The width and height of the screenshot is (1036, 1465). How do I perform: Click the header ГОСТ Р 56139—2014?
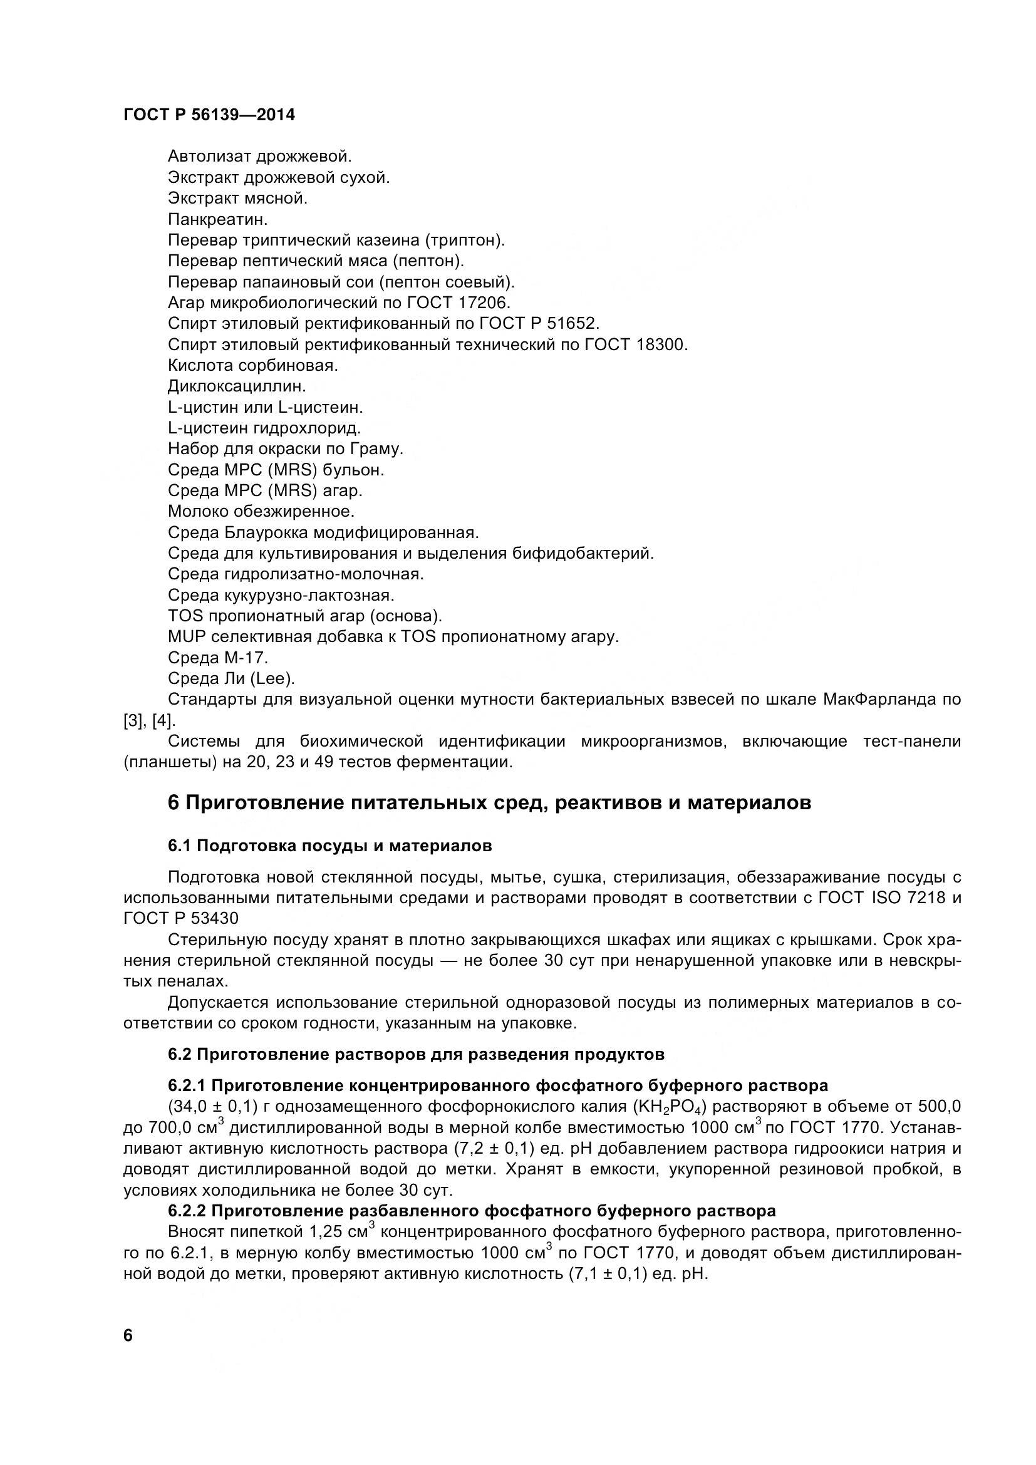click(x=209, y=115)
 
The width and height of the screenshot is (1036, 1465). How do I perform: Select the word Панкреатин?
click(x=217, y=219)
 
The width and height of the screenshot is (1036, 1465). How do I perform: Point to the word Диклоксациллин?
click(x=237, y=386)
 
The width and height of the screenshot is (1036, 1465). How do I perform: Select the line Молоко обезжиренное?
click(x=261, y=511)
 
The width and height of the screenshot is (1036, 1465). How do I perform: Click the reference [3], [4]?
click(x=148, y=720)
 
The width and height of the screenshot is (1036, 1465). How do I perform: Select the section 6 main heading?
click(x=489, y=803)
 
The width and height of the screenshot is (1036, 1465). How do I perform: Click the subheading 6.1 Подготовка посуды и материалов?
click(x=330, y=846)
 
